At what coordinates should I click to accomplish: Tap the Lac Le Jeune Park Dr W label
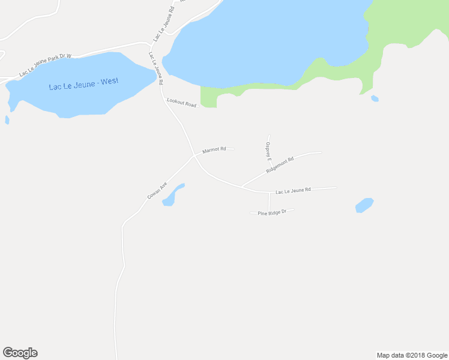click(x=45, y=65)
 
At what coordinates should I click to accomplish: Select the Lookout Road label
click(x=181, y=103)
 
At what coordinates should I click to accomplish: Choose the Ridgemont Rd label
click(x=280, y=165)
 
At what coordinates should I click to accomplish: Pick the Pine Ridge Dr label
click(x=272, y=212)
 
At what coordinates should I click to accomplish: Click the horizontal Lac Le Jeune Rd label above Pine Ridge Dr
click(x=293, y=190)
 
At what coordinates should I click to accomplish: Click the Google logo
click(x=20, y=353)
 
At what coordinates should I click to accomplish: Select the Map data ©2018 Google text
click(x=412, y=355)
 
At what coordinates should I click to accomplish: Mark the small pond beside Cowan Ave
click(x=172, y=195)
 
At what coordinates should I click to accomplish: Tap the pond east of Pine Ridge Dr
click(x=364, y=205)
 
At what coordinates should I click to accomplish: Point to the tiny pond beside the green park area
click(x=375, y=98)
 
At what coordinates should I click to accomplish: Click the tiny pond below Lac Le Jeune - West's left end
click(x=7, y=120)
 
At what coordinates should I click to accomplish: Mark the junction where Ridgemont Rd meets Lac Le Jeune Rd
click(x=241, y=187)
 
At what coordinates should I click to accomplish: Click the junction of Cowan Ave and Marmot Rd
click(x=193, y=155)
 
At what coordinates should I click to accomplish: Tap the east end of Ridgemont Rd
click(x=322, y=152)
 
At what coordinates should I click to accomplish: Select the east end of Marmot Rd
click(x=233, y=149)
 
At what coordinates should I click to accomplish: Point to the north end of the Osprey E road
click(x=268, y=136)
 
